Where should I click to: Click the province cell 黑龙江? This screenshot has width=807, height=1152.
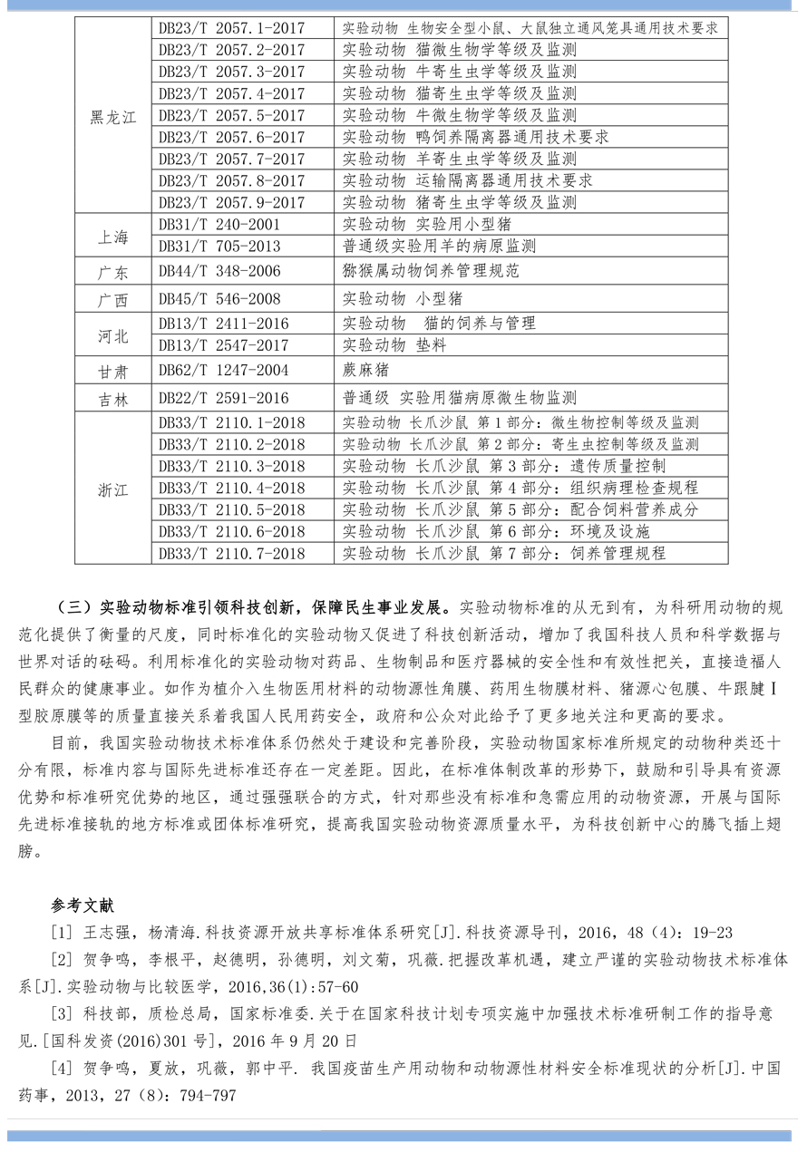point(113,116)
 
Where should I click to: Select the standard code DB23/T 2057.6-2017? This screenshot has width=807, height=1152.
point(231,138)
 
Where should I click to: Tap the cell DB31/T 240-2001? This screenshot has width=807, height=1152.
point(219,225)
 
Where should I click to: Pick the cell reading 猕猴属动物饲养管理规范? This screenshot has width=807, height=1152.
point(431,271)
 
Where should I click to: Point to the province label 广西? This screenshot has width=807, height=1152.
point(113,299)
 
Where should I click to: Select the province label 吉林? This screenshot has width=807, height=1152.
point(113,399)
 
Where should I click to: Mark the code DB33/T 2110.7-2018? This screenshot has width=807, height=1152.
point(231,553)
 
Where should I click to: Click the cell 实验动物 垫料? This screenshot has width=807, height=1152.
point(394,345)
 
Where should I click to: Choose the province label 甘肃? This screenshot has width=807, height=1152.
point(113,371)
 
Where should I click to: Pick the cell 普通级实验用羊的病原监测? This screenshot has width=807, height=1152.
point(439,247)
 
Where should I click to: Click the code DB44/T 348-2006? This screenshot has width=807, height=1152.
point(219,271)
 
